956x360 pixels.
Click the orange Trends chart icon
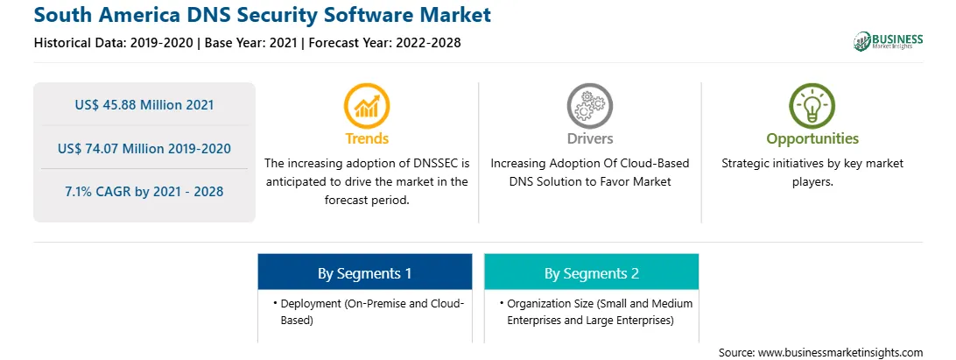tap(367, 106)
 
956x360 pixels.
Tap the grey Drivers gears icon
tap(589, 106)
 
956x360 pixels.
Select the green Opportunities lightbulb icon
tap(812, 106)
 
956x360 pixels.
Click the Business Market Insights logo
tap(889, 41)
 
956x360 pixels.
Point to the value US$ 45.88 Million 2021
tap(144, 105)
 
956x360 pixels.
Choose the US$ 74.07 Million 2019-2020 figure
tap(144, 148)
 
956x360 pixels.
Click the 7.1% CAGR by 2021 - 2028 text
tap(144, 192)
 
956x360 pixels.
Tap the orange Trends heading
tap(367, 138)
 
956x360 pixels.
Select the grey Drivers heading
tap(589, 138)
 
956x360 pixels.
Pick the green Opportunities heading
tap(812, 138)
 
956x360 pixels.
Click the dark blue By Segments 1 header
tap(364, 272)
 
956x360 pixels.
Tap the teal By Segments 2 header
tap(592, 272)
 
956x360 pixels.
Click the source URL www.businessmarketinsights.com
tap(840, 353)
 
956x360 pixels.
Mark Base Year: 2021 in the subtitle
tap(250, 43)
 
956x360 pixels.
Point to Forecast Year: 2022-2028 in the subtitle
tap(384, 43)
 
